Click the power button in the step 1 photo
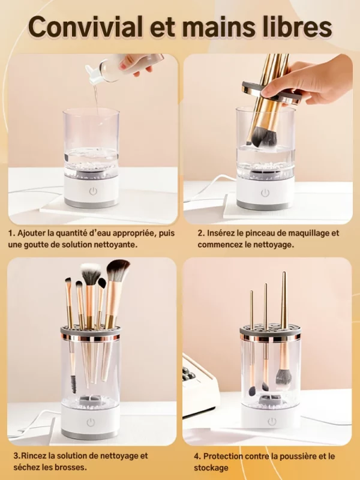(x=93, y=191)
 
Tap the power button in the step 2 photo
(x=265, y=192)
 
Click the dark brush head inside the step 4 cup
(x=283, y=376)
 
